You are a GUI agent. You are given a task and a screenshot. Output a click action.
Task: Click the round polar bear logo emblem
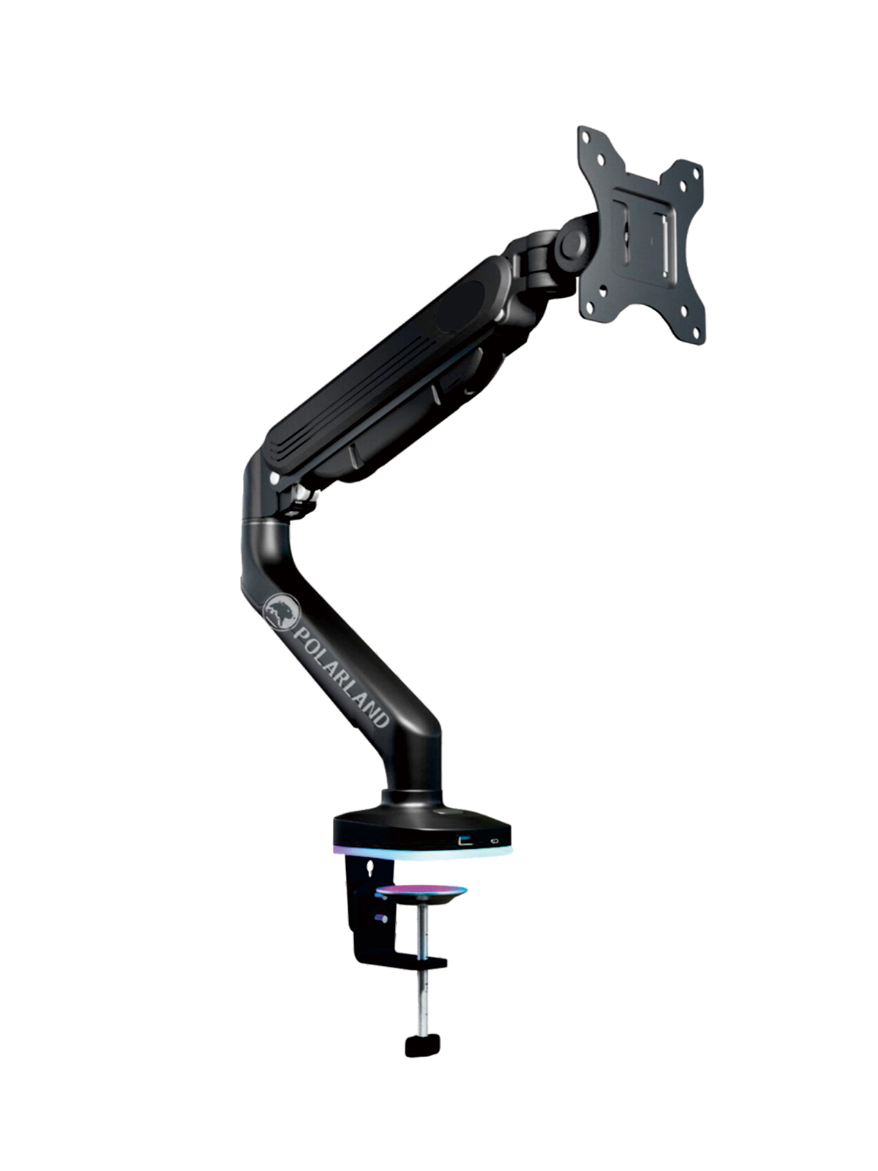[282, 613]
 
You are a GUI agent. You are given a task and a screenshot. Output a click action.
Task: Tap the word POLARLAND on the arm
[341, 677]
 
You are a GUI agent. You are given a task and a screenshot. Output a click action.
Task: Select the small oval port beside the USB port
[496, 842]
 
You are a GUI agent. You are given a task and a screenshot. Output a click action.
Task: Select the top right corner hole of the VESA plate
[696, 172]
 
